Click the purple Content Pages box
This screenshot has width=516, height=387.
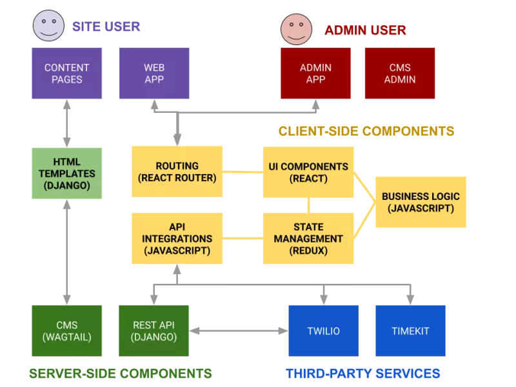pos(67,74)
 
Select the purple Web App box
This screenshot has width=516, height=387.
pos(154,74)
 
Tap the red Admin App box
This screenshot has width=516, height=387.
pos(315,74)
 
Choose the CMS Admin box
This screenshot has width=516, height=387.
pos(400,74)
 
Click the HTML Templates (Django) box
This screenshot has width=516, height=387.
pos(67,172)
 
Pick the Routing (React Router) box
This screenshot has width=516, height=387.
pos(177,172)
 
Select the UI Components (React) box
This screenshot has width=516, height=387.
pos(308,172)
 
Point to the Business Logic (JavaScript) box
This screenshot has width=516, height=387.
pos(421,202)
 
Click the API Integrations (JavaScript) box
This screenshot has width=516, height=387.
pos(177,238)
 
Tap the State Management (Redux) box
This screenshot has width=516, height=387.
pos(308,238)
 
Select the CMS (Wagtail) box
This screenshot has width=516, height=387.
pos(67,332)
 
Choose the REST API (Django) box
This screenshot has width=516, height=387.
pos(154,332)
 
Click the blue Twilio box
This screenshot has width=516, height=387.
pos(323,332)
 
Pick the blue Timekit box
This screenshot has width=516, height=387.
pos(410,332)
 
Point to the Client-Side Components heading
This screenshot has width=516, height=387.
pos(367,132)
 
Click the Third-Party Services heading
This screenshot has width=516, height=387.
pos(363,373)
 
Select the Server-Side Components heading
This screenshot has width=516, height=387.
pos(121,373)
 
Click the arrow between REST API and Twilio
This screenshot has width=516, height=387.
pos(238,331)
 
